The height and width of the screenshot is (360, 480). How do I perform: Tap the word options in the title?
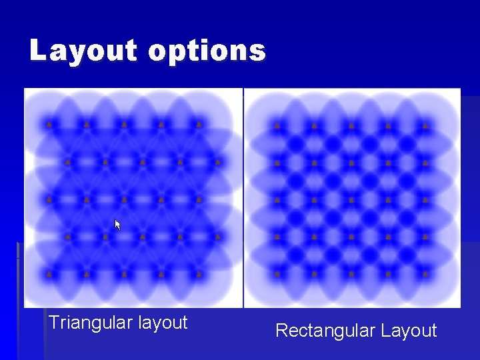coord(207,51)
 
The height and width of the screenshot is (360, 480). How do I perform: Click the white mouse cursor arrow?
coord(117,225)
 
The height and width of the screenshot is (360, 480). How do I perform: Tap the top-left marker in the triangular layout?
coord(49,124)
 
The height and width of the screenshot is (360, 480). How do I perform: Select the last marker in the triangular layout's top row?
coord(199,124)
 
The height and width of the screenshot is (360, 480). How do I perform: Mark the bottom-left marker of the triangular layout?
coord(49,273)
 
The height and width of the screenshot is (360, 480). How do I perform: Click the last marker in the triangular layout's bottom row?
coord(199,273)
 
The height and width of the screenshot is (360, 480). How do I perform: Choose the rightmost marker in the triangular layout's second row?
coord(217,161)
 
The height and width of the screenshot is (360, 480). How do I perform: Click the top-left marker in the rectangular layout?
coord(277,125)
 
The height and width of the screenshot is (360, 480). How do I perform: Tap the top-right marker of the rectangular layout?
coord(425,125)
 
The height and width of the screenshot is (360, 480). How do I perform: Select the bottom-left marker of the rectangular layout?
coord(277,273)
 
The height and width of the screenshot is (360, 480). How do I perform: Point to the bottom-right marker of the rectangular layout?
coord(425,273)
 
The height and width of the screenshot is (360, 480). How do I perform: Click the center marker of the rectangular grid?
coord(351,199)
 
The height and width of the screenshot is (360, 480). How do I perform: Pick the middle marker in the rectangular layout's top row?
coord(351,125)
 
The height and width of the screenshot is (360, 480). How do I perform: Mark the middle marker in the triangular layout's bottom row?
coord(124,273)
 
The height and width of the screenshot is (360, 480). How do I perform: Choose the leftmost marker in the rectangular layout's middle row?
coord(277,199)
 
